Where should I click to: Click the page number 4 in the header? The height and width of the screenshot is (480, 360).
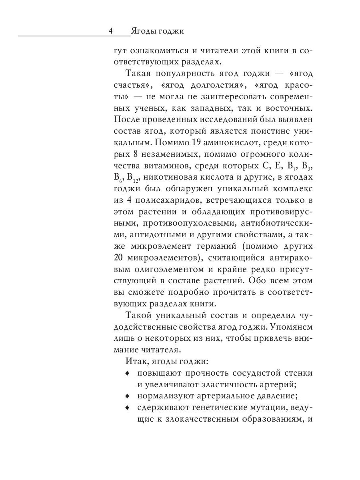click(x=111, y=31)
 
